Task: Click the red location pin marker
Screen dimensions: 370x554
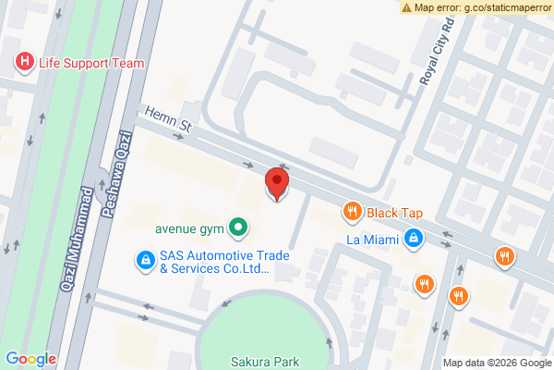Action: [276, 183]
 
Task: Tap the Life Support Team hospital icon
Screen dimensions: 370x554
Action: [24, 63]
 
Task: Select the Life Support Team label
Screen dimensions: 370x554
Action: [90, 63]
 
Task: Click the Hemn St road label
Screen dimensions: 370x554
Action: [166, 121]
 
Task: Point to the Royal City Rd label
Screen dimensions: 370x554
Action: [438, 50]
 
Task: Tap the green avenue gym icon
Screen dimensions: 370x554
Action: [238, 225]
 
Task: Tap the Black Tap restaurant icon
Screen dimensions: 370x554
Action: [352, 213]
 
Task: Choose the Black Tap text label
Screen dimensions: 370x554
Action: [394, 213]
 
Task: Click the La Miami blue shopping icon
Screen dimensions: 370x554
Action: [415, 239]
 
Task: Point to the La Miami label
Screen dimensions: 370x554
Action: [371, 239]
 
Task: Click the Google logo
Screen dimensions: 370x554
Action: [31, 359]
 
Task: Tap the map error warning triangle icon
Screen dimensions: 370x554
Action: [406, 7]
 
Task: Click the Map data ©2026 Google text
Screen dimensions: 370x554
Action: [496, 363]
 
